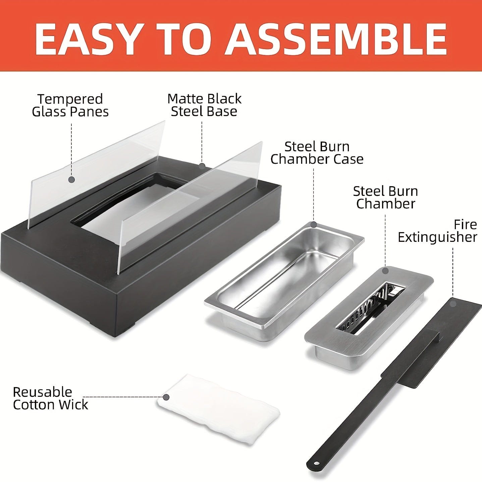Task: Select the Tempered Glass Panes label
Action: click(x=70, y=105)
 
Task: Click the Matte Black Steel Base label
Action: click(x=204, y=105)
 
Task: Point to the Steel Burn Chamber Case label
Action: click(x=317, y=153)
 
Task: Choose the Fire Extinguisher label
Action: click(x=438, y=231)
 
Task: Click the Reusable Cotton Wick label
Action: click(x=50, y=398)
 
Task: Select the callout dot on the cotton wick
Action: click(x=166, y=397)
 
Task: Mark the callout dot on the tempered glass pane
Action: click(x=72, y=179)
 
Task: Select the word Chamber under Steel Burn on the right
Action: click(x=386, y=204)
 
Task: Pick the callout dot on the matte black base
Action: click(x=202, y=166)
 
